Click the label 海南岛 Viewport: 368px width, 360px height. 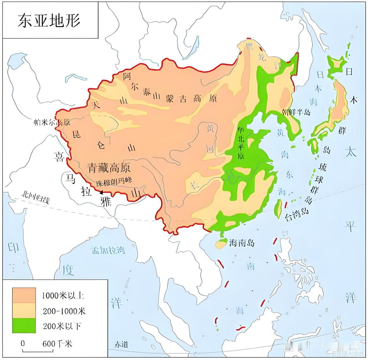(x=242, y=243)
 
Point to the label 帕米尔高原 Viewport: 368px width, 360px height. (x=52, y=122)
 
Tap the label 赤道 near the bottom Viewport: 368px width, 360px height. (x=121, y=344)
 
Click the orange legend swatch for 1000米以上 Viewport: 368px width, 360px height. (x=24, y=295)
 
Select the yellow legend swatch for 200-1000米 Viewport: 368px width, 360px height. (x=24, y=311)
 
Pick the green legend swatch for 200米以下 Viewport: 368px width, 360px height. (x=24, y=325)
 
